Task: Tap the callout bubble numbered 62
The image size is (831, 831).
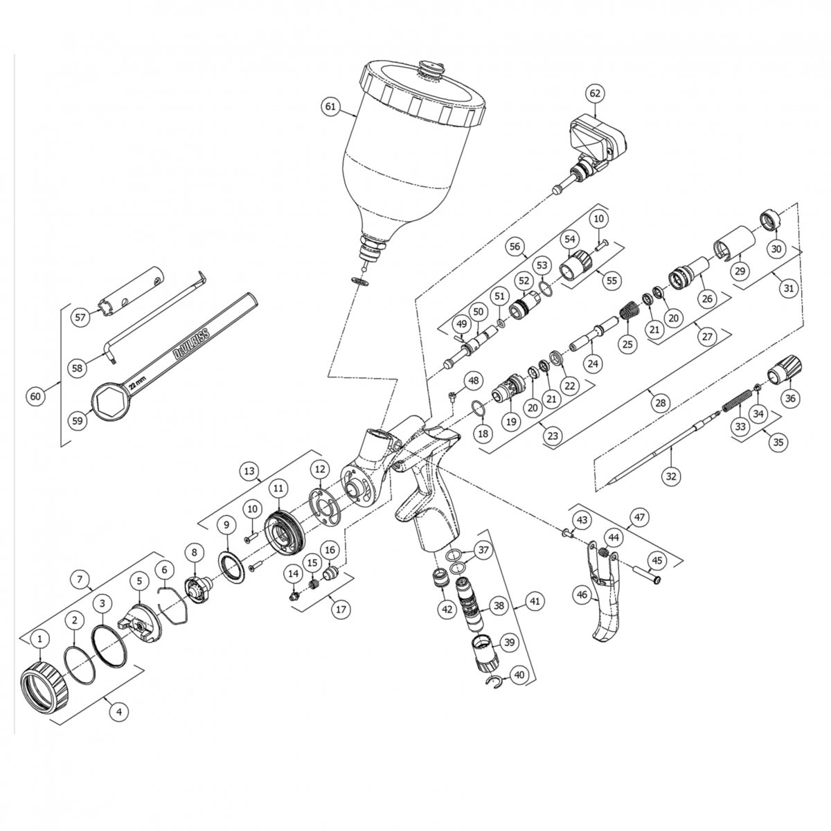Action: tap(595, 93)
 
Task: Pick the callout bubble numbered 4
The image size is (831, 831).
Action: tap(119, 711)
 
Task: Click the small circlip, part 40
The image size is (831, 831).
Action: tap(497, 683)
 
